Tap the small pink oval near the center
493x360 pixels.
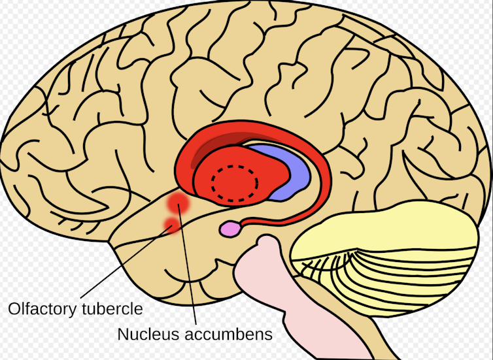click(x=229, y=229)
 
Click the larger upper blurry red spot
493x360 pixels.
click(x=178, y=203)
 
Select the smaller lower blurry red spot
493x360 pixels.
click(x=171, y=225)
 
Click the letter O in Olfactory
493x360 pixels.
click(x=11, y=307)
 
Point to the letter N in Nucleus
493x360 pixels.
click(x=122, y=334)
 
